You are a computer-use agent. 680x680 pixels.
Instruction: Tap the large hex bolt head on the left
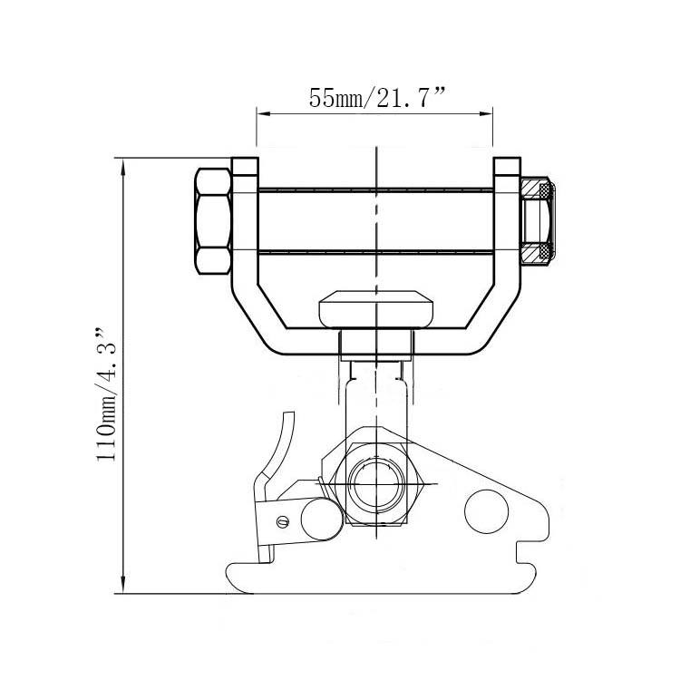[212, 221]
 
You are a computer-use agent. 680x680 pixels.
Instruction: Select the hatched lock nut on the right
[539, 220]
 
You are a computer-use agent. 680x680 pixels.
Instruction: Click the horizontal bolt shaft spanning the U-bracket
[374, 220]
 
